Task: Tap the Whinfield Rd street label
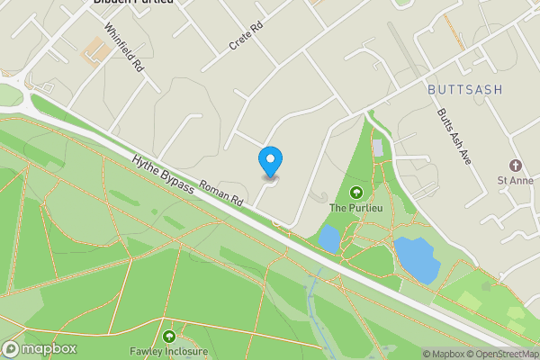124,48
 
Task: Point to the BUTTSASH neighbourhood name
465,89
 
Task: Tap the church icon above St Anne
516,166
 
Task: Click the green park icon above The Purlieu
355,193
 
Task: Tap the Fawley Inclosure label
169,351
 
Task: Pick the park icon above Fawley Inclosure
168,336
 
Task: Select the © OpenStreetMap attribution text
501,354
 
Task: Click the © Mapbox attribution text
442,354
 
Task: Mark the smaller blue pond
328,239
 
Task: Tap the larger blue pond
415,258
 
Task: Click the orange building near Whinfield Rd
94,51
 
